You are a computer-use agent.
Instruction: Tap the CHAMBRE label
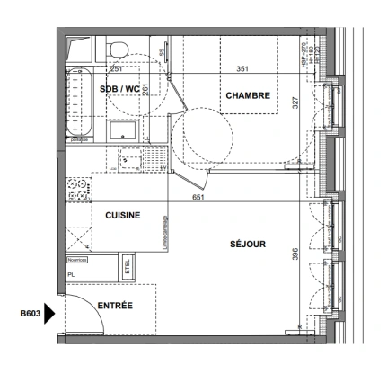(x=248, y=96)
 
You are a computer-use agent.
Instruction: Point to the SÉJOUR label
(x=247, y=244)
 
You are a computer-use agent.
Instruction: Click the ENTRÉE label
(x=114, y=307)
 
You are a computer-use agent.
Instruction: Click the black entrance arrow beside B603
(x=50, y=314)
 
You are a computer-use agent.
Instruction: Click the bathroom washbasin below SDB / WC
(x=123, y=130)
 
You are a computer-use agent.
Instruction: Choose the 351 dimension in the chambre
(x=242, y=69)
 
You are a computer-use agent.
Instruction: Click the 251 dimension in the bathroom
(x=115, y=69)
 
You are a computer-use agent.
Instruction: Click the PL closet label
(x=71, y=276)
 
